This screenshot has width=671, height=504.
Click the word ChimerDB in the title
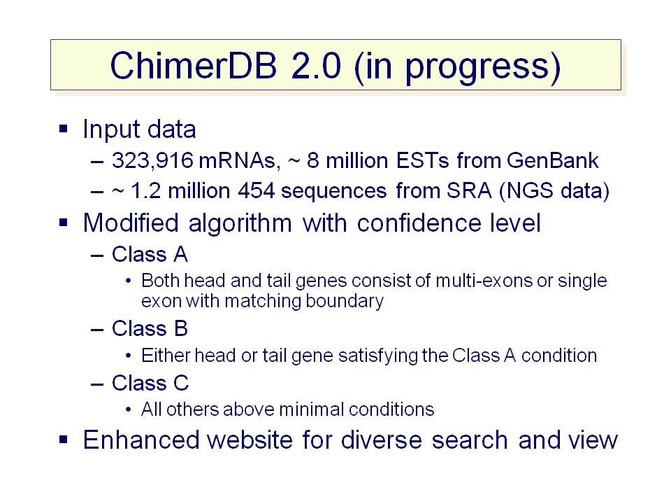(194, 65)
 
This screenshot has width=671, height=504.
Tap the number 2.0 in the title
(316, 65)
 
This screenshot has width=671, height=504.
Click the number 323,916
(153, 161)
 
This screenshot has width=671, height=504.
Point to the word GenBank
(552, 160)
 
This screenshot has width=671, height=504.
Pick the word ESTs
(423, 160)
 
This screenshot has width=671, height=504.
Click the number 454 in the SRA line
(256, 190)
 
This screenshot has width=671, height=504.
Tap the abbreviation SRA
(469, 190)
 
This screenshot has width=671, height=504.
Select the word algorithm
(240, 224)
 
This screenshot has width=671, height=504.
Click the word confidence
(419, 223)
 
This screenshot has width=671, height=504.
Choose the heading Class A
(150, 254)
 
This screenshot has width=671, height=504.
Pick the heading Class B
(150, 329)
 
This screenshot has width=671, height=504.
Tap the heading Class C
(150, 383)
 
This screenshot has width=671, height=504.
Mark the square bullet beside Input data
(64, 129)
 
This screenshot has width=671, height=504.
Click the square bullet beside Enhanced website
(64, 440)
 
